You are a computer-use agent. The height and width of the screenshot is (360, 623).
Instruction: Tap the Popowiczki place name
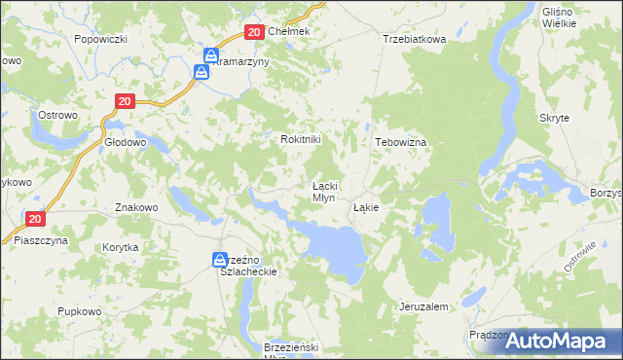click(101, 39)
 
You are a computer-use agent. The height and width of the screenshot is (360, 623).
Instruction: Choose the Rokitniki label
click(300, 139)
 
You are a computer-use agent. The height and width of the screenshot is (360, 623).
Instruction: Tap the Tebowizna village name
click(402, 141)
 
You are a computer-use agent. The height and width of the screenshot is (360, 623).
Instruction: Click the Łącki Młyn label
click(324, 191)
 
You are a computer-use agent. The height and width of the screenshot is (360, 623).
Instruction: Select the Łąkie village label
click(366, 207)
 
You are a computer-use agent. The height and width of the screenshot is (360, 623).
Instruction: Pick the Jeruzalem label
click(423, 306)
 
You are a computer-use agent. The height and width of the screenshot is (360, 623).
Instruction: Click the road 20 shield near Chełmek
click(253, 32)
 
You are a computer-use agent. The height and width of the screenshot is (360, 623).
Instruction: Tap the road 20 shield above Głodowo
click(124, 100)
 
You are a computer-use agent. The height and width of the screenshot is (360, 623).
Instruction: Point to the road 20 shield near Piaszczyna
click(35, 220)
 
